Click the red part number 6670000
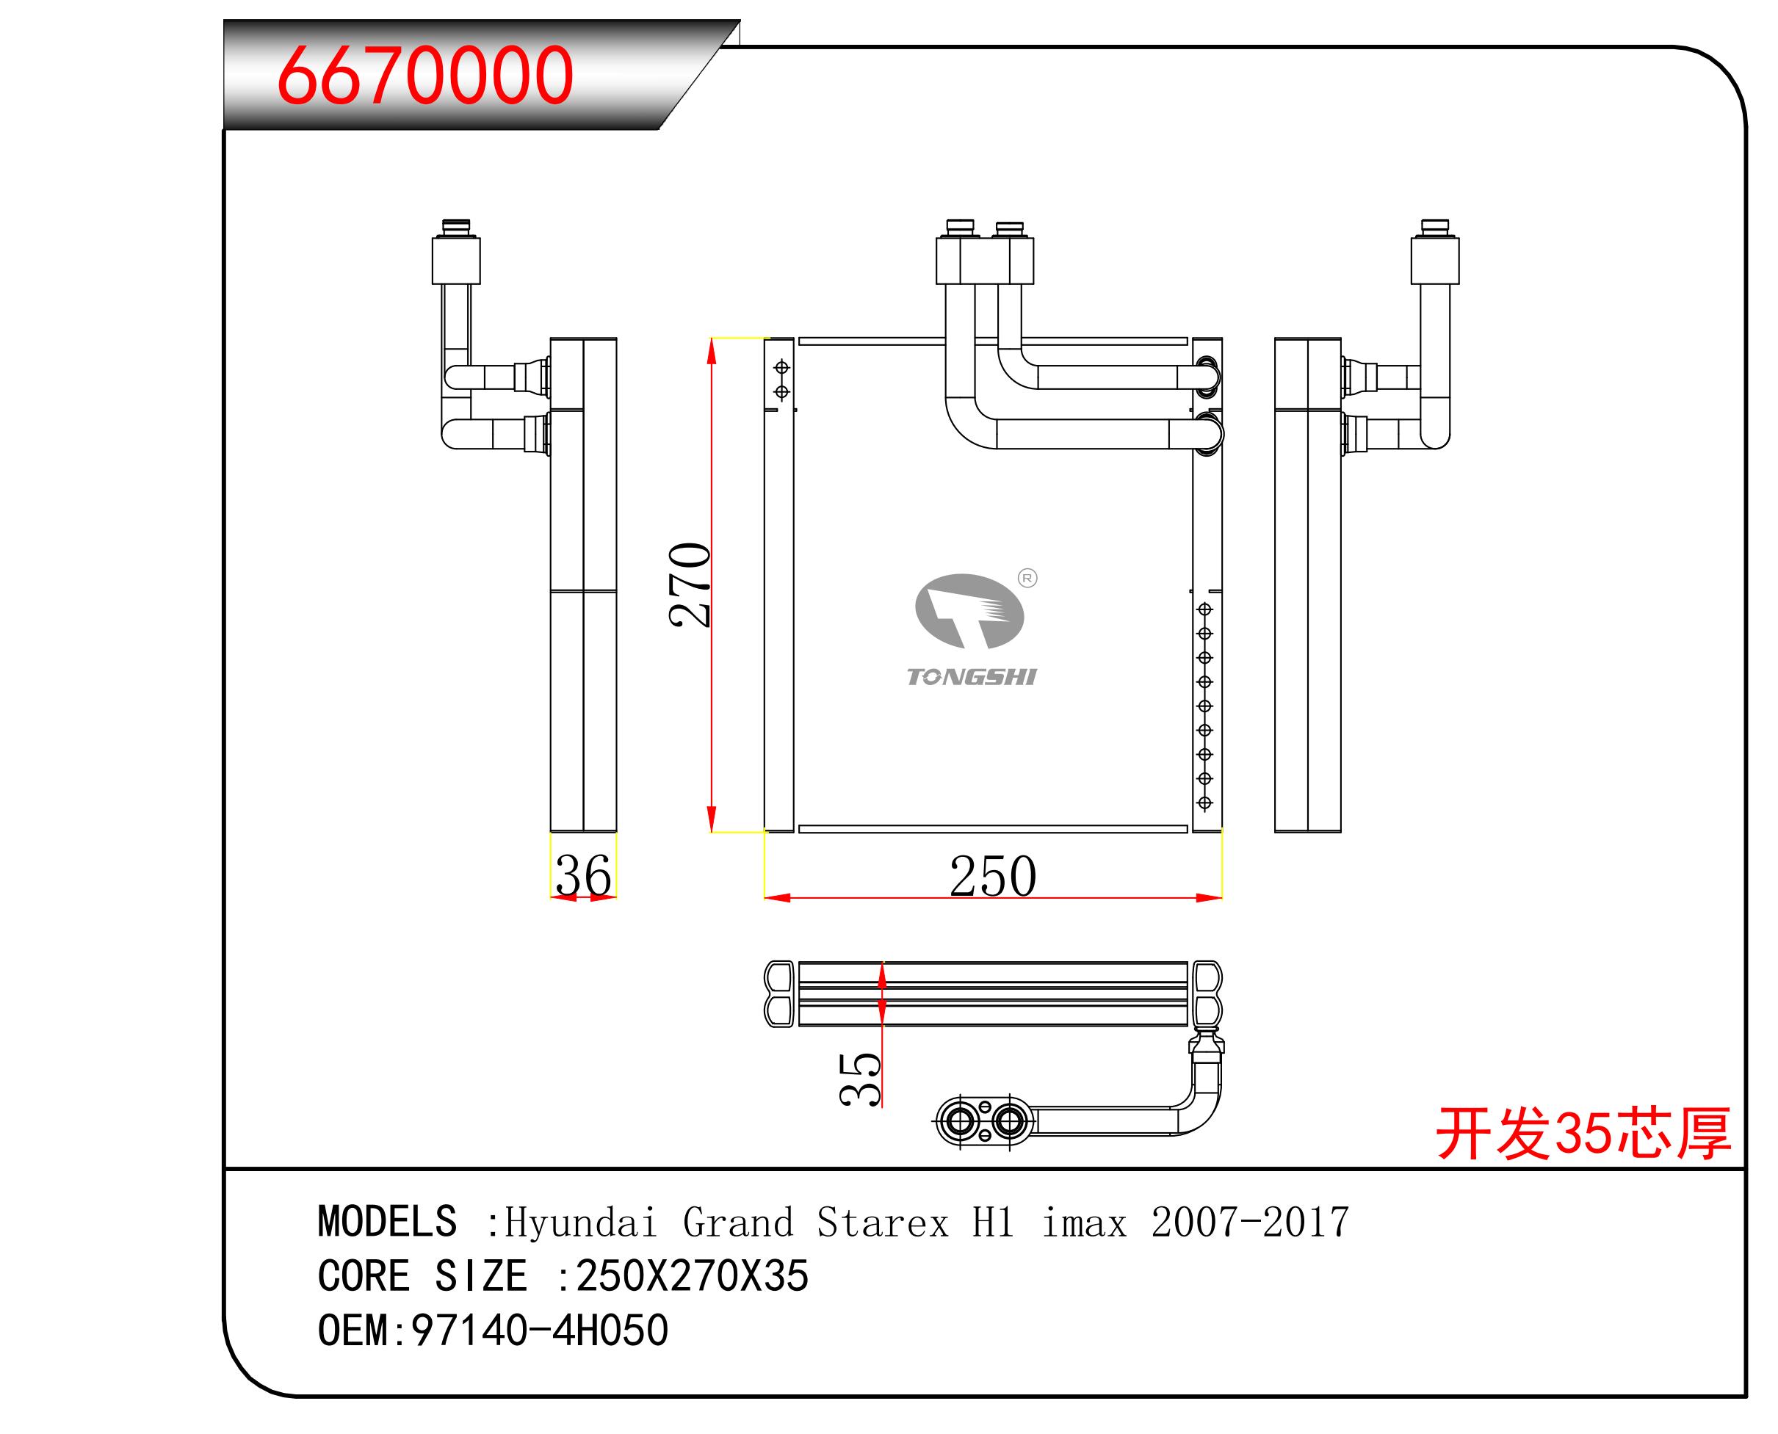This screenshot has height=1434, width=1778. [424, 76]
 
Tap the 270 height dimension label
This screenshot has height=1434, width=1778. [690, 584]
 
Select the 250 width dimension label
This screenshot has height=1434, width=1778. [992, 877]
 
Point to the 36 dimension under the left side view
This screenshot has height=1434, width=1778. [583, 874]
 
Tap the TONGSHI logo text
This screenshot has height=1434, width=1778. [972, 677]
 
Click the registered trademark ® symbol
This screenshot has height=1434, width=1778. [1027, 579]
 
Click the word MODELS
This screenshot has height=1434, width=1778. [386, 1222]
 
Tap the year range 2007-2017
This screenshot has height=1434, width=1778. [1250, 1223]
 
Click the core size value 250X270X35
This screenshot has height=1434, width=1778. [692, 1276]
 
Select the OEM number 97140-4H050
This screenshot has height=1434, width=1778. [540, 1330]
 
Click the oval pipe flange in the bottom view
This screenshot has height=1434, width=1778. [984, 1122]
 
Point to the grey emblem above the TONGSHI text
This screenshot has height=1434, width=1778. [969, 611]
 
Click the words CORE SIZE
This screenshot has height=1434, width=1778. [422, 1276]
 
